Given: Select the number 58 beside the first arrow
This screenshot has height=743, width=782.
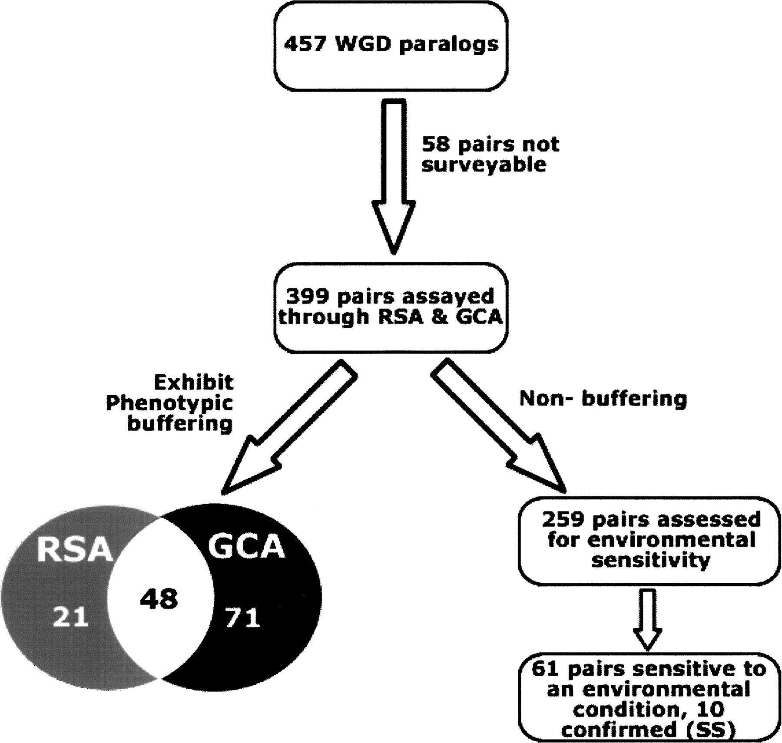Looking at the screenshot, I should [x=436, y=144].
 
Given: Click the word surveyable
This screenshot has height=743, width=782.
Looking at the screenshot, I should [x=484, y=165].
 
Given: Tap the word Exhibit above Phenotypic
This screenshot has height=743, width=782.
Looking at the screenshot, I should [x=194, y=383].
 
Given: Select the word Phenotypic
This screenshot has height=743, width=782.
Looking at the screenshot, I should [x=169, y=403].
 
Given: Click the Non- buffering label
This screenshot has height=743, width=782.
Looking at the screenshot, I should [x=603, y=398].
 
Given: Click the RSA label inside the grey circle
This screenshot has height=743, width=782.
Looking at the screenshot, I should [x=74, y=550].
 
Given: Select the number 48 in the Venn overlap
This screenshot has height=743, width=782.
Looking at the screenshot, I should [x=159, y=599].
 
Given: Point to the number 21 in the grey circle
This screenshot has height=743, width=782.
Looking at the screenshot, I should [x=70, y=617].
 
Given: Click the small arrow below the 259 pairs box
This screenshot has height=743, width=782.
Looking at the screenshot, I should [x=647, y=619].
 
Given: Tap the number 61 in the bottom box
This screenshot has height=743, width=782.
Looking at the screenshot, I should [x=545, y=669].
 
